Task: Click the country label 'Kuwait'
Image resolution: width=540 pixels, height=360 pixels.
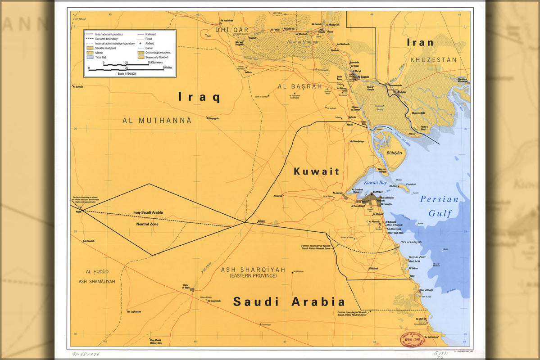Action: [x=316, y=171]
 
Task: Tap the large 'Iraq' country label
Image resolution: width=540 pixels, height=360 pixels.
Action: [x=199, y=97]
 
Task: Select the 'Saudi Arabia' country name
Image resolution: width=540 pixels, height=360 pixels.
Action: [x=289, y=301]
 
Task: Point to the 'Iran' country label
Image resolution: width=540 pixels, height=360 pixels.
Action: [x=420, y=43]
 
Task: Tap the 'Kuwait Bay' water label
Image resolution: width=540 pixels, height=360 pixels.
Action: [x=375, y=183]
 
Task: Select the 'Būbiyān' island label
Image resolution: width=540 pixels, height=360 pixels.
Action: [x=394, y=153]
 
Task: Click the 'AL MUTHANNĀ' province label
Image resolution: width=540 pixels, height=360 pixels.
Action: [x=157, y=120]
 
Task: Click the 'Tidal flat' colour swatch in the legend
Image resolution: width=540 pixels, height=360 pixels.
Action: [x=91, y=57]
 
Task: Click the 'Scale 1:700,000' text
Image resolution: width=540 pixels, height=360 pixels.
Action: [x=127, y=73]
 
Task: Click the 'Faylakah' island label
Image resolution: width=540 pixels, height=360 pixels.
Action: [x=411, y=184]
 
